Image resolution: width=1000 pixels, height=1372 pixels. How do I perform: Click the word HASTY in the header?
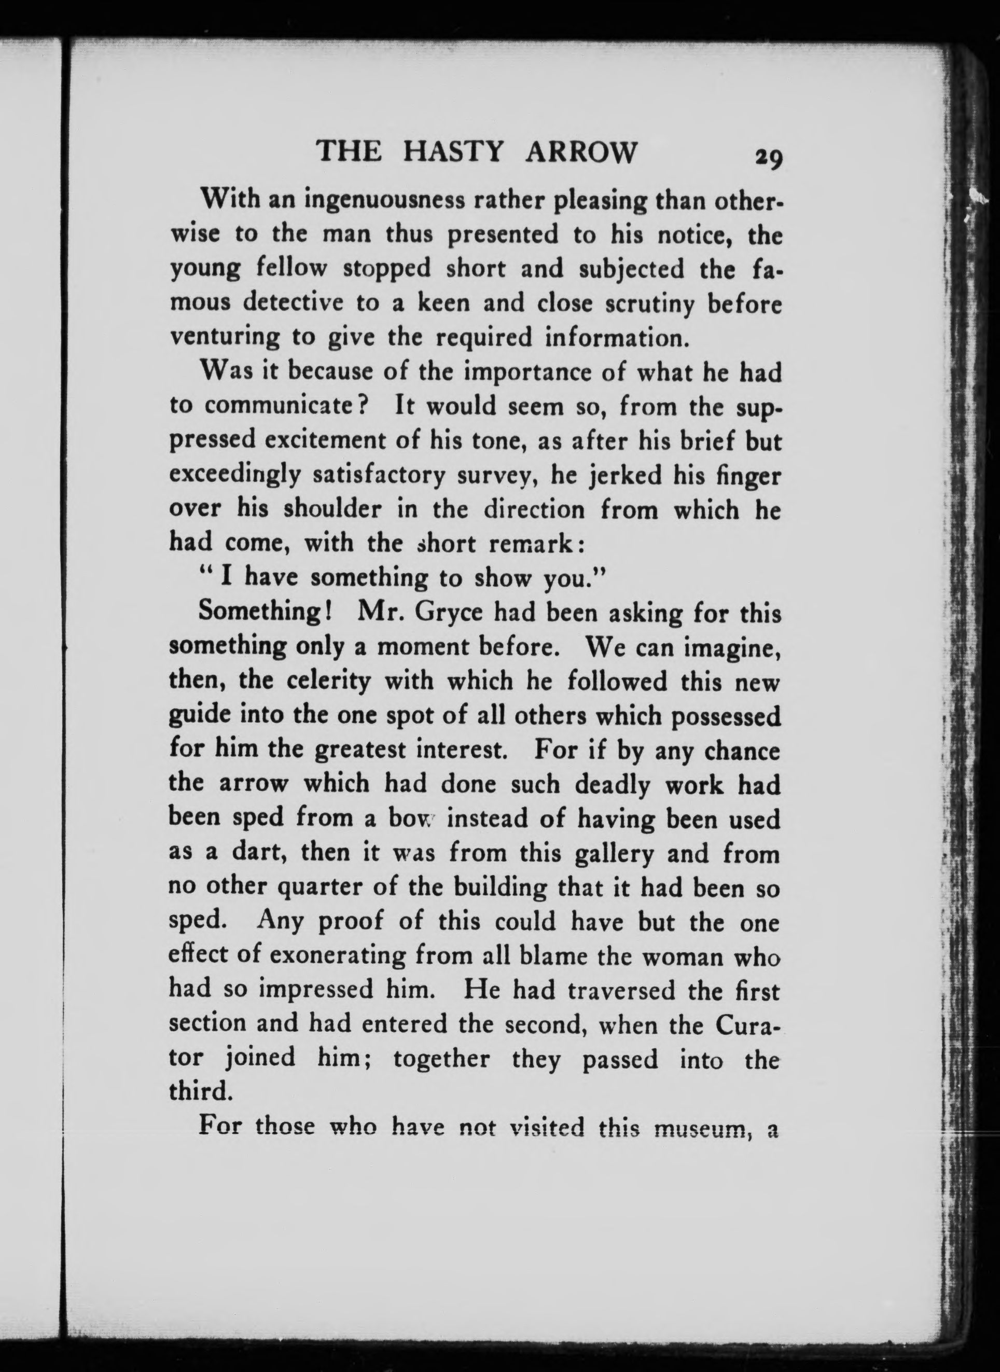453,152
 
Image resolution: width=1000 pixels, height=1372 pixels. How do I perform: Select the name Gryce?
449,613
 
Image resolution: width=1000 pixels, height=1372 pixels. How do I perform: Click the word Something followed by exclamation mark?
264,613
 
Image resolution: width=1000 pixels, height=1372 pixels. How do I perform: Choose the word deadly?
613,784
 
